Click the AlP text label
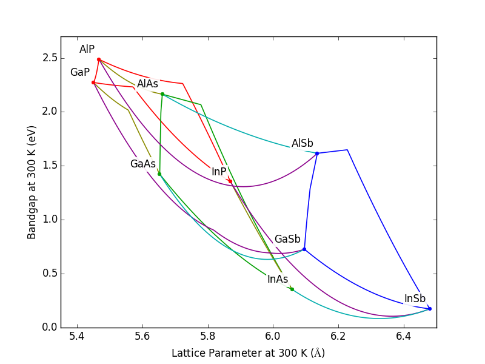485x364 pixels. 87,50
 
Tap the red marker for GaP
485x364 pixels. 93,83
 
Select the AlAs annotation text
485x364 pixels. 147,84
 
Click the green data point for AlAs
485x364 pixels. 162,94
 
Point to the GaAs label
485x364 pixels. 143,164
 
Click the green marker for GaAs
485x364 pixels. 159,174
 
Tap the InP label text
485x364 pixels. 219,172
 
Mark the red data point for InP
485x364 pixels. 230,181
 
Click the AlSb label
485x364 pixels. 303,144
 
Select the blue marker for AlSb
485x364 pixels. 317,153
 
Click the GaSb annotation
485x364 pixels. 287,240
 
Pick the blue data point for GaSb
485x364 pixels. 304,249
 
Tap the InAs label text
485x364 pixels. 278,280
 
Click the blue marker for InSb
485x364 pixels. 430,309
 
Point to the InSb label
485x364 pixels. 415,299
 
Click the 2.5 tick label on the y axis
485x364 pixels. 50,58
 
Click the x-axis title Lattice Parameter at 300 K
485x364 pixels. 248,353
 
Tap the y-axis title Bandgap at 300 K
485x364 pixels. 32,182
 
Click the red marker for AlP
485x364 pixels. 99,59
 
